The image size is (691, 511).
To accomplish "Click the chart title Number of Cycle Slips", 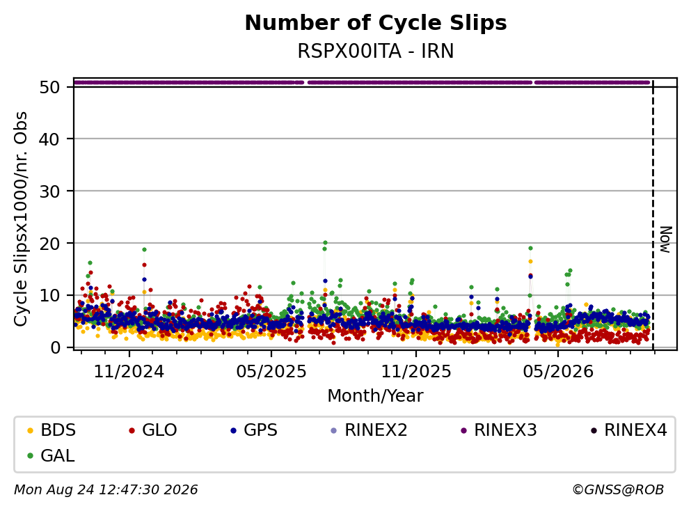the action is pyautogui.click(x=376, y=23).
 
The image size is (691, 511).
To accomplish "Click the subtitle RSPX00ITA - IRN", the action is pyautogui.click(x=376, y=51).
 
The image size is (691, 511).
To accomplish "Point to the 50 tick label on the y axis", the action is pyautogui.click(x=49, y=87).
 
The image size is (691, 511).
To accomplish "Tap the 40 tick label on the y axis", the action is pyautogui.click(x=49, y=139).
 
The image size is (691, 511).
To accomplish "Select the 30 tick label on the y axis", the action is pyautogui.click(x=49, y=191).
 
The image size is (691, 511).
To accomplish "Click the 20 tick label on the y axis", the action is pyautogui.click(x=49, y=244).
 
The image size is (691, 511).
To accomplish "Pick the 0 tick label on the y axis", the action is pyautogui.click(x=55, y=347).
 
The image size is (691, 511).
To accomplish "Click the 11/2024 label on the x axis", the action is pyautogui.click(x=129, y=372).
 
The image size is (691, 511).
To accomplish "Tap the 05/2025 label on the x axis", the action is pyautogui.click(x=271, y=372).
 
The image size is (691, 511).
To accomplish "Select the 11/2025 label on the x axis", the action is pyautogui.click(x=416, y=372).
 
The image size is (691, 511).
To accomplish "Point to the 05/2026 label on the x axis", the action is pyautogui.click(x=558, y=372).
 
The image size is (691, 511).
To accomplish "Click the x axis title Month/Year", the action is pyautogui.click(x=375, y=396).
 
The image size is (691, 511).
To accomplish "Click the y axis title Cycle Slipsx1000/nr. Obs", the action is pyautogui.click(x=21, y=219).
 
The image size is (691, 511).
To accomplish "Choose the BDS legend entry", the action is pyautogui.click(x=51, y=430).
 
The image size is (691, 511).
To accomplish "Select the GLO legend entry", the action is pyautogui.click(x=153, y=430).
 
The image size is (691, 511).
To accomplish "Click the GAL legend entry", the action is pyautogui.click(x=51, y=455).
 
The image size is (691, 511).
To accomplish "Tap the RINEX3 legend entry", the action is pyautogui.click(x=499, y=430).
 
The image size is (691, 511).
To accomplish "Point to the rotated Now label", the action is pyautogui.click(x=666, y=240).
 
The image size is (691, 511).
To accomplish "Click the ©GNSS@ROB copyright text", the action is pyautogui.click(x=618, y=489).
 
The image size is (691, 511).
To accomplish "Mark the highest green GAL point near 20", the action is pyautogui.click(x=325, y=242).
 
